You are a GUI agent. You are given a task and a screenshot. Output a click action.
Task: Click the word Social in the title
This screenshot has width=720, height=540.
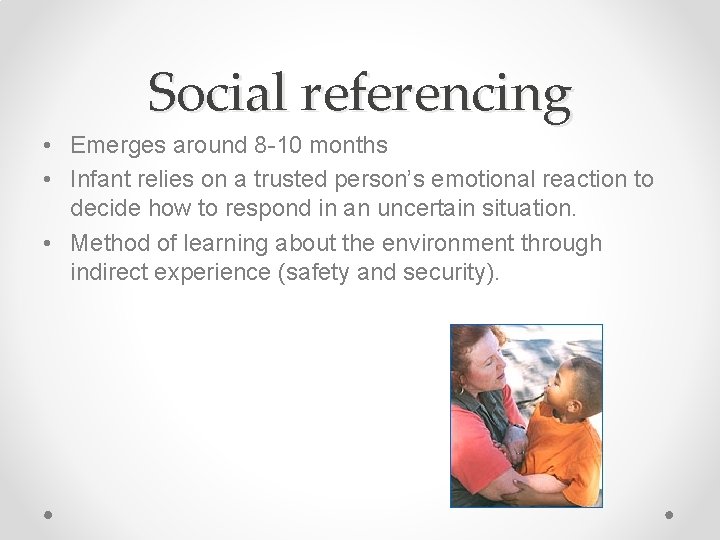point(217,94)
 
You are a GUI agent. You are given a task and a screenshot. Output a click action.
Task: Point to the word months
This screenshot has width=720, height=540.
point(349,146)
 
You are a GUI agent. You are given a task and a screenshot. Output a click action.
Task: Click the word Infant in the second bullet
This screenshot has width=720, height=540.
point(99,180)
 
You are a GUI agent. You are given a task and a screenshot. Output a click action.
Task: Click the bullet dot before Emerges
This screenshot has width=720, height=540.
point(48,147)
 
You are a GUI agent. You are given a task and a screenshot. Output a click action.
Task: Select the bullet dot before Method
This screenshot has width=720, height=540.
point(48,244)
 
